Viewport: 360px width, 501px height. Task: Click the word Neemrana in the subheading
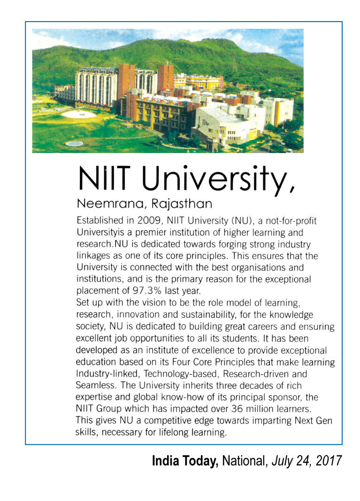click(x=100, y=205)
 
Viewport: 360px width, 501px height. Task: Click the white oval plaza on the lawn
click(x=78, y=114)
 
